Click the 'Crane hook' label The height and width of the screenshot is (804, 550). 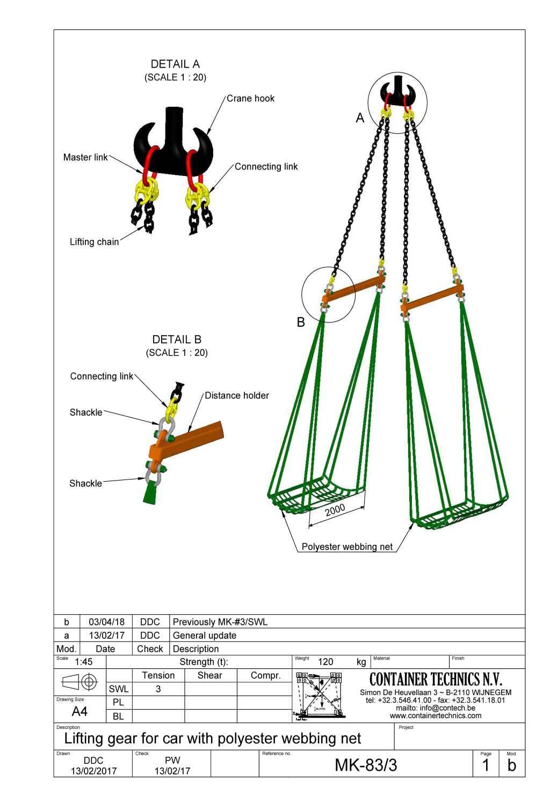[250, 99]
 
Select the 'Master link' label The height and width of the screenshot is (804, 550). [85, 158]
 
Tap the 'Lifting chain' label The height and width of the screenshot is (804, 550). [94, 242]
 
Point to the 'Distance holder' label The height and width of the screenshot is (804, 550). [236, 396]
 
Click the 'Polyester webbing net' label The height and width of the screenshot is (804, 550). [347, 547]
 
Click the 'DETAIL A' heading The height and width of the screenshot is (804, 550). [175, 64]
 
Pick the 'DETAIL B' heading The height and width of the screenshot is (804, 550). [177, 340]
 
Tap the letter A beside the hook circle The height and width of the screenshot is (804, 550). [360, 118]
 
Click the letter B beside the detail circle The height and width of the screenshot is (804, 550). [301, 322]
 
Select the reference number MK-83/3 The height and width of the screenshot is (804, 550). [366, 765]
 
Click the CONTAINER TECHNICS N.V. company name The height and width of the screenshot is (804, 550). [436, 680]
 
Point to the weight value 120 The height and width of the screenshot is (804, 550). [325, 662]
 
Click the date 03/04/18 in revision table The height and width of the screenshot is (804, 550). [106, 622]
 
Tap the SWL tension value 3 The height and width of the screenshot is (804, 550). [158, 689]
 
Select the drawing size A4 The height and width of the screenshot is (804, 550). [79, 712]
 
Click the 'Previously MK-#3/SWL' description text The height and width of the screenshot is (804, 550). [220, 622]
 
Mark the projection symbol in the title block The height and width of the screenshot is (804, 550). [79, 682]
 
